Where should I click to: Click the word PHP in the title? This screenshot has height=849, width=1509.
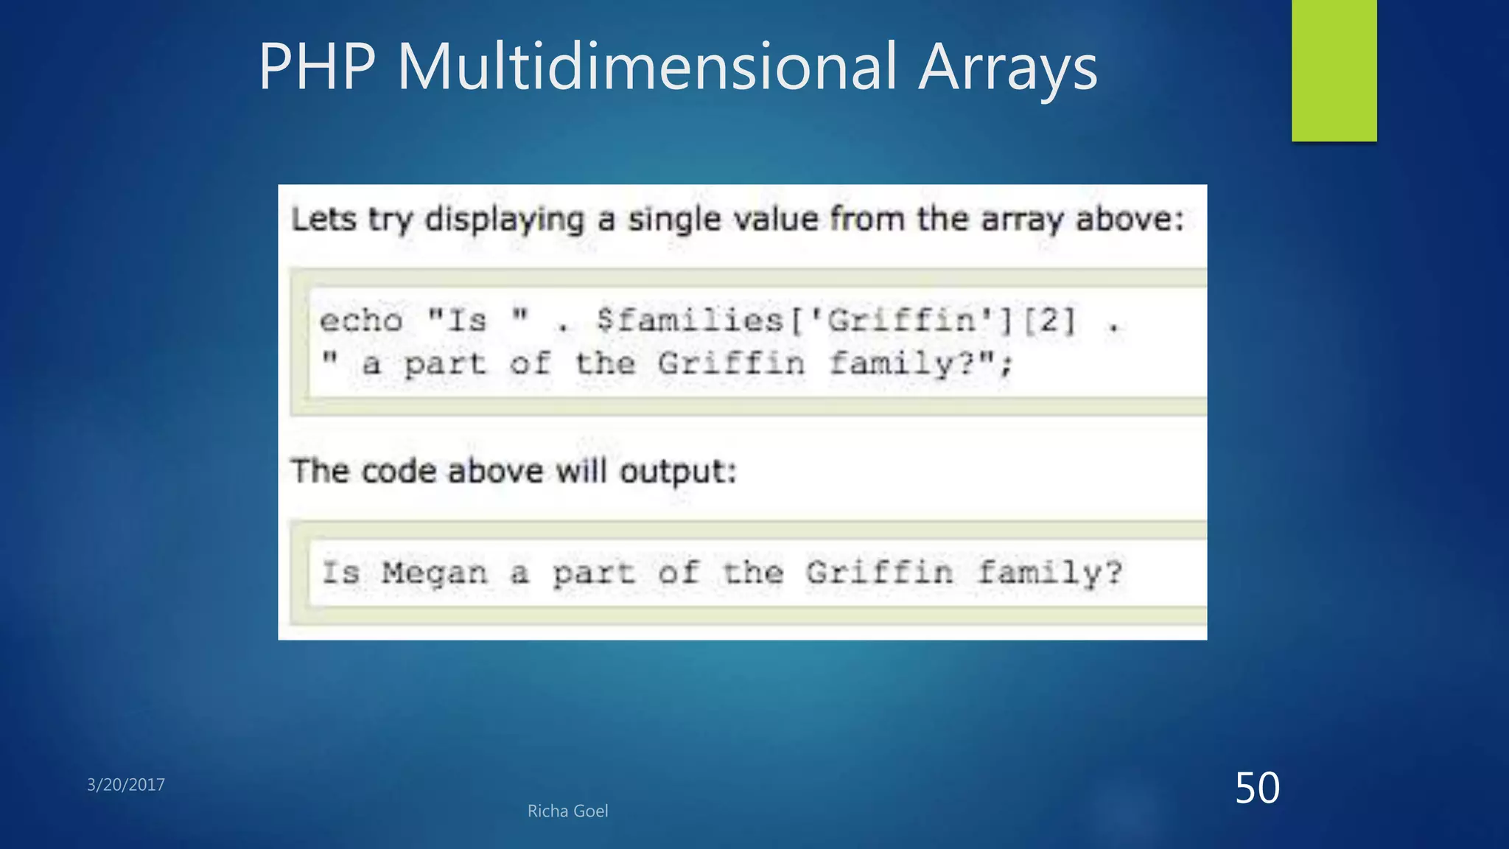(317, 67)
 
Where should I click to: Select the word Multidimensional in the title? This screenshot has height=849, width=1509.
(647, 67)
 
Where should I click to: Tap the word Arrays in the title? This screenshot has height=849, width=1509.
(1007, 69)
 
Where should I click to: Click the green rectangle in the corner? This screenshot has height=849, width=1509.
(1334, 71)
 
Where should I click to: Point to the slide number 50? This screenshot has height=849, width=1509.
(1257, 788)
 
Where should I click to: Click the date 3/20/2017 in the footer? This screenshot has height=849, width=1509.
(126, 785)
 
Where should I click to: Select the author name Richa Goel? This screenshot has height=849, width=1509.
(567, 811)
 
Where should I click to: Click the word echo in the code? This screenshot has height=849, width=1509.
(361, 321)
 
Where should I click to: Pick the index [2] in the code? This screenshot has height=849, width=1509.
(1049, 321)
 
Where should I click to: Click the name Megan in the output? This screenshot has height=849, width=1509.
(435, 573)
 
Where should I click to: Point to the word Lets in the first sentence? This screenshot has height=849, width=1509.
(323, 220)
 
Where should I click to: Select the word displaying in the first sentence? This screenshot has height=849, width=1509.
(505, 220)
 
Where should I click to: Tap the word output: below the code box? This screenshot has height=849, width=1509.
(678, 472)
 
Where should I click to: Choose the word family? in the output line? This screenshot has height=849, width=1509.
(1050, 573)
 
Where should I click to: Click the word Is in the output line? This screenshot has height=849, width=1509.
(340, 573)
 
